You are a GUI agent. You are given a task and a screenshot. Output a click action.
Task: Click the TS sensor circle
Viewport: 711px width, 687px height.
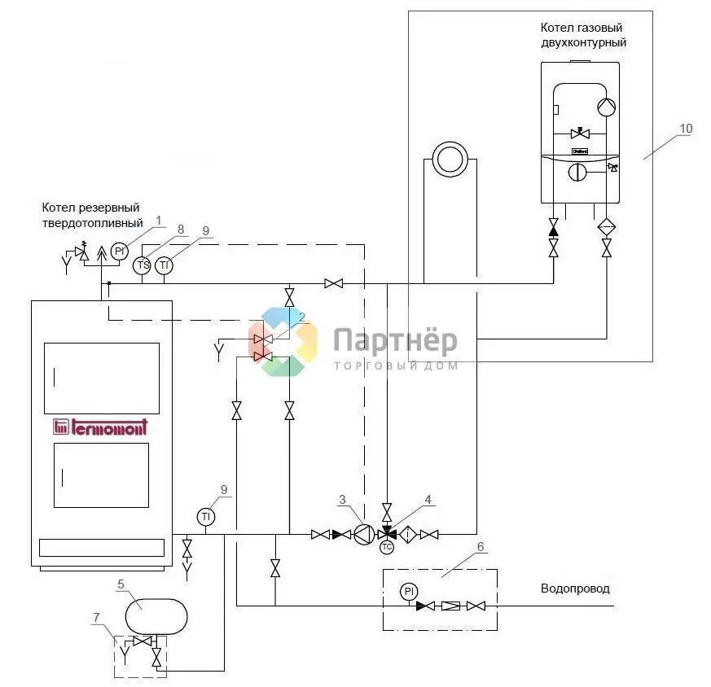pyautogui.click(x=143, y=265)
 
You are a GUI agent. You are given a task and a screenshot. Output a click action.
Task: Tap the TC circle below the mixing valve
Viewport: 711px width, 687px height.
pyautogui.click(x=387, y=548)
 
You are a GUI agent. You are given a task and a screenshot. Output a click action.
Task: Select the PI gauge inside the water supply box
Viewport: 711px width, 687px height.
pyautogui.click(x=409, y=592)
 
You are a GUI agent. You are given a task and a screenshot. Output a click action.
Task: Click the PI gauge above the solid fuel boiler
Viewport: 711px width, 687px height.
pyautogui.click(x=120, y=251)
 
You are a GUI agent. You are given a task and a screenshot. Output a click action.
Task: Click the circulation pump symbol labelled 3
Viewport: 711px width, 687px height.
pyautogui.click(x=365, y=535)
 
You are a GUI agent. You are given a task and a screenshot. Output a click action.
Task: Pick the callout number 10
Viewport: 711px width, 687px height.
pyautogui.click(x=687, y=128)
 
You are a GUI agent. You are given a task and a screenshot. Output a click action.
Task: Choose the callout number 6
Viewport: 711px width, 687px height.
pyautogui.click(x=481, y=547)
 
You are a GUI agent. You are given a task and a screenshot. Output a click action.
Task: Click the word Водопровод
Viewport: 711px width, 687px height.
pyautogui.click(x=575, y=589)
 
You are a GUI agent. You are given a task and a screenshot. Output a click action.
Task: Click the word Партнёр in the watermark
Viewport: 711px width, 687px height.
pyautogui.click(x=395, y=341)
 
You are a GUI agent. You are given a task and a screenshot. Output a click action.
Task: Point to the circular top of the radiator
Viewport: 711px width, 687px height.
pyautogui.click(x=448, y=159)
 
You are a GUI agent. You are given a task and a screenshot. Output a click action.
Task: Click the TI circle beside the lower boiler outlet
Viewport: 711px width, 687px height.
pyautogui.click(x=206, y=516)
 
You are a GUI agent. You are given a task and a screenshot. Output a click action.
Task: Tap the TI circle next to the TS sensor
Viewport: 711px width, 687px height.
pyautogui.click(x=165, y=265)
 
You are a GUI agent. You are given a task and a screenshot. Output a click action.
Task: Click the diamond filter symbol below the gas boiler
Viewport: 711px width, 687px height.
pyautogui.click(x=607, y=226)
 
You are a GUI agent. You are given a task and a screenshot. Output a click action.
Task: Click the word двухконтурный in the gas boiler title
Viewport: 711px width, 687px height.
pyautogui.click(x=584, y=42)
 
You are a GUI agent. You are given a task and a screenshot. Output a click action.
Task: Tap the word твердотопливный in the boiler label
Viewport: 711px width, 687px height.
pyautogui.click(x=94, y=222)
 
